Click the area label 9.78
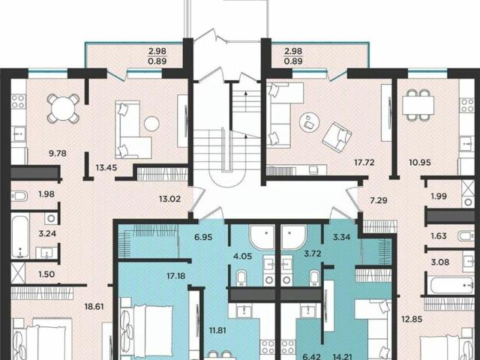pyautogui.click(x=58, y=153)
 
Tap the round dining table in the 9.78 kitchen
pyautogui.click(x=63, y=108)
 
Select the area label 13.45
pyautogui.click(x=106, y=167)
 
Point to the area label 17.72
pyautogui.click(x=364, y=162)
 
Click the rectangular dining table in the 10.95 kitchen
pyautogui.click(x=418, y=105)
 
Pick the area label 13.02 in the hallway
pyautogui.click(x=170, y=199)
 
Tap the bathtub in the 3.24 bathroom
pyautogui.click(x=20, y=237)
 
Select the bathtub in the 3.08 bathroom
pyautogui.click(x=452, y=285)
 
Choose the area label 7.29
pyautogui.click(x=379, y=200)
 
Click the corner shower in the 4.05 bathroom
pyautogui.click(x=262, y=237)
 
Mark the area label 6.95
pyautogui.click(x=203, y=237)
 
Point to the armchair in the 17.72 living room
pyautogui.click(x=337, y=137)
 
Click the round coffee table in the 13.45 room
pyautogui.click(x=151, y=124)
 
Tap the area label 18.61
pyautogui.click(x=94, y=307)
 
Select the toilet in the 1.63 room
pyautogui.click(x=466, y=236)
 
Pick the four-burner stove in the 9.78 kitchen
pyautogui.click(x=18, y=101)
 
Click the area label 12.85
pyautogui.click(x=412, y=319)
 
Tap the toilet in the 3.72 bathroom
pyautogui.click(x=314, y=278)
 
